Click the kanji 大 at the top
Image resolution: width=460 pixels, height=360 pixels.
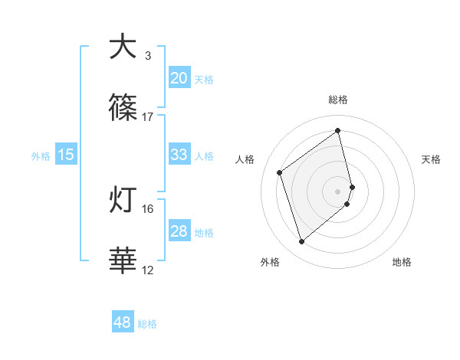point(123,47)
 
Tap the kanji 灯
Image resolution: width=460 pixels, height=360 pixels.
point(123,201)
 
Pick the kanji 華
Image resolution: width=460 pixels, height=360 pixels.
point(123,261)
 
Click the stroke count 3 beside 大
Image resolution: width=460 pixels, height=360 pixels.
point(148,56)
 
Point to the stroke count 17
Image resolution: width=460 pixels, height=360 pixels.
point(148,116)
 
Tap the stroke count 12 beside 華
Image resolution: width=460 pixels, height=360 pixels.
point(148,270)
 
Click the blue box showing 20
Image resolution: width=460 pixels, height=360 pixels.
point(179,77)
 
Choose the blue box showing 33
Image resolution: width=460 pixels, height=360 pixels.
point(179,155)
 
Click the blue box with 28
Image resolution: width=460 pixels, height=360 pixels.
point(179,231)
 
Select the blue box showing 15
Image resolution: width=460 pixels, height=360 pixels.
point(66,155)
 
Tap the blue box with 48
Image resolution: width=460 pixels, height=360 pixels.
point(123,322)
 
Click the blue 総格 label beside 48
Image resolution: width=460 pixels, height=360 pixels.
point(147,324)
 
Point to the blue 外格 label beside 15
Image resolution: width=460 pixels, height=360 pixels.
point(41,156)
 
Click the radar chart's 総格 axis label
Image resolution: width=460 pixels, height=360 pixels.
point(338,100)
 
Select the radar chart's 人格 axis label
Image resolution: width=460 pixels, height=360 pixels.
point(245,159)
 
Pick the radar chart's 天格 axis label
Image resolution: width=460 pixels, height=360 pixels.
point(432,159)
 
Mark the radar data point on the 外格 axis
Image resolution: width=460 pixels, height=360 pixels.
point(301,242)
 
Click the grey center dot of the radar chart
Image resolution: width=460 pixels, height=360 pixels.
point(338,190)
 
